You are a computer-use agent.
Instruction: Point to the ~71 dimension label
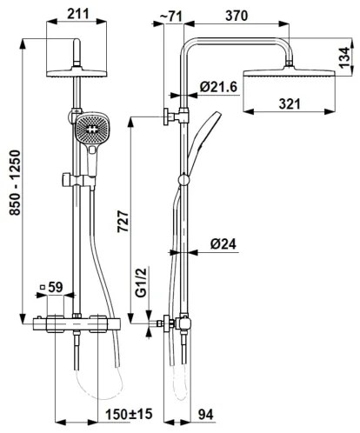click(x=172, y=15)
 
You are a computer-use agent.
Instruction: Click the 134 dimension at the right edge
click(x=346, y=57)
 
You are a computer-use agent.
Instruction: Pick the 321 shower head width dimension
click(x=291, y=103)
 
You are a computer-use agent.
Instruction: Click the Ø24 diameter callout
click(x=223, y=245)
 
